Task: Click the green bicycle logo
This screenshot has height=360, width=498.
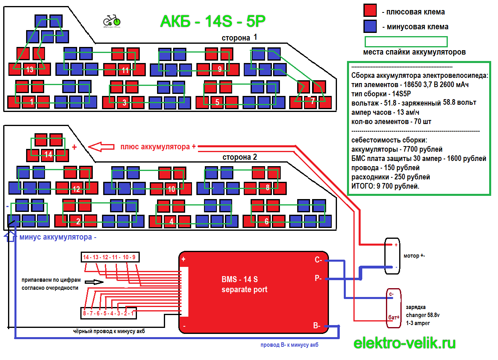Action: tap(112, 20)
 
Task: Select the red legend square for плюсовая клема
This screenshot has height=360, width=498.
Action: tap(369, 10)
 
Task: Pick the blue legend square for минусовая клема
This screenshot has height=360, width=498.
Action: tap(369, 26)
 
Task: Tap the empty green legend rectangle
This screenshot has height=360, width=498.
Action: tap(406, 42)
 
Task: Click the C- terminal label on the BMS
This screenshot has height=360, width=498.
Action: tap(318, 260)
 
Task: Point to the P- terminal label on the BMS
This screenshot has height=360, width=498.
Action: tap(318, 278)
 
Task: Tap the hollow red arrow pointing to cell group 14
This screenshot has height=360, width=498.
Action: tap(102, 147)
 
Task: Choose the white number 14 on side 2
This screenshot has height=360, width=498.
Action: tap(49, 154)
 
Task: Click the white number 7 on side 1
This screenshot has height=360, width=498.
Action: tap(313, 101)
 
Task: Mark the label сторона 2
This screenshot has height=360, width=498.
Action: tap(239, 157)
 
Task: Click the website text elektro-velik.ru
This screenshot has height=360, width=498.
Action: tap(404, 343)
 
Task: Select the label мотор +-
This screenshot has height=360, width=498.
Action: tap(414, 256)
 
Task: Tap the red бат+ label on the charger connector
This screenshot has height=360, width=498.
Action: tap(394, 317)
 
